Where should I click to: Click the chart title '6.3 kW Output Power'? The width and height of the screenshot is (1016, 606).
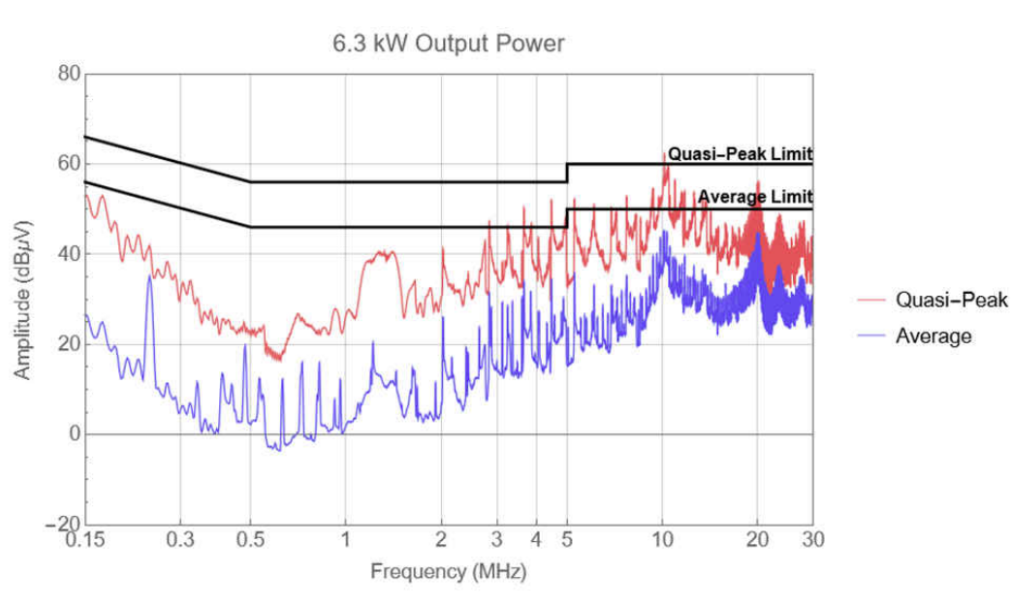tap(449, 44)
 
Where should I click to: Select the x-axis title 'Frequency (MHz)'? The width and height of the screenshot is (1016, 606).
tap(448, 572)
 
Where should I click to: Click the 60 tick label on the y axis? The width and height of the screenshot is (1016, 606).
tap(68, 163)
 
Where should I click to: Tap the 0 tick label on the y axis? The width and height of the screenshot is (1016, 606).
tap(73, 434)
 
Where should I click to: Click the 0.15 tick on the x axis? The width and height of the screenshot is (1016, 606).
tap(86, 540)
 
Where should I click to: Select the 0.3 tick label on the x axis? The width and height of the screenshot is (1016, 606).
tap(181, 540)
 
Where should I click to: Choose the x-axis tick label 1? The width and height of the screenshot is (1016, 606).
tap(345, 540)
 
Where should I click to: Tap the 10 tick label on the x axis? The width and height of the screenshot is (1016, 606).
tap(661, 540)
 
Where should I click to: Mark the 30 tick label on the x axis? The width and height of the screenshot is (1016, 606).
tap(812, 540)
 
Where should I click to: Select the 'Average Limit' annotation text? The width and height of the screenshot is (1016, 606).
tap(754, 197)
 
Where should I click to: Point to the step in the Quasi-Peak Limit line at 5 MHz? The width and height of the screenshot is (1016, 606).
tap(567, 173)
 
